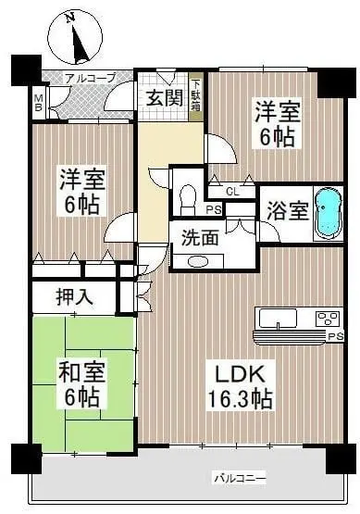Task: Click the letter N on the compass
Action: point(69,19)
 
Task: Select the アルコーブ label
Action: point(91,79)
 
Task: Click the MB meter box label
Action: point(39,103)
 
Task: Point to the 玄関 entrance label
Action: point(165,97)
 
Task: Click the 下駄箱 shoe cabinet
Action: point(196,96)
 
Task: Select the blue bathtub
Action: point(329,214)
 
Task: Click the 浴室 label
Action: point(288,211)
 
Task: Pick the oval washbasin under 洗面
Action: point(198,262)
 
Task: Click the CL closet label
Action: point(232,192)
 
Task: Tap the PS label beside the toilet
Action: point(214,210)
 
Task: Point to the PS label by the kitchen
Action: point(335,336)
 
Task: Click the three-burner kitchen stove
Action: point(328,319)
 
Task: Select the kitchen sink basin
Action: point(278,318)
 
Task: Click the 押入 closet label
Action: point(75,297)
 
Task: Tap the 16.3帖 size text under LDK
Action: point(240,399)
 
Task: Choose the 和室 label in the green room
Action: point(81,372)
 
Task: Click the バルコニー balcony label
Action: point(240,479)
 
